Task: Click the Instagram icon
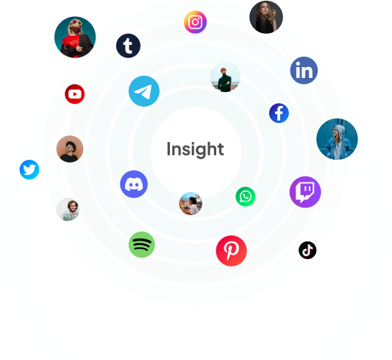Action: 195,22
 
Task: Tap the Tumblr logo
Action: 128,46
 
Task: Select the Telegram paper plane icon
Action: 144,91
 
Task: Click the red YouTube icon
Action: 75,94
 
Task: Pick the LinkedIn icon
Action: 304,70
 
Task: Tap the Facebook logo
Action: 279,113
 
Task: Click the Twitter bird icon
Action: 29,169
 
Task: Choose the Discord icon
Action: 134,184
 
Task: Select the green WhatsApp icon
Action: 246,197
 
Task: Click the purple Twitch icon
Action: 305,192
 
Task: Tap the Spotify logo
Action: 142,244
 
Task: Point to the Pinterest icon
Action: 232,250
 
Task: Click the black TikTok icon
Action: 307,250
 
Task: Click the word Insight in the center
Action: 195,149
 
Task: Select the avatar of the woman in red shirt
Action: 75,38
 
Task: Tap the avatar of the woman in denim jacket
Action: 337,139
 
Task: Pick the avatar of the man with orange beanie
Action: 225,77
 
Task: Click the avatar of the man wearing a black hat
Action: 70,149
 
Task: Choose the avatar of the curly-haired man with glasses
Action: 68,209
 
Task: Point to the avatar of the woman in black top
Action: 266,17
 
